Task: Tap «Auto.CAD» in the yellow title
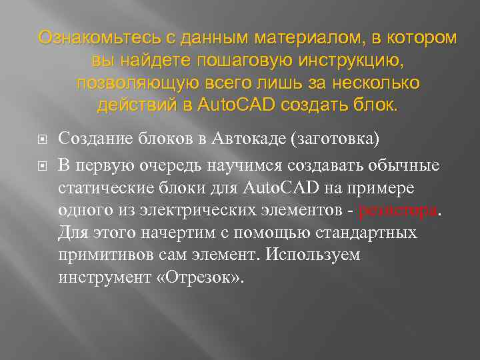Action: pos(238,106)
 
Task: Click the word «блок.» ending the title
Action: pos(375,106)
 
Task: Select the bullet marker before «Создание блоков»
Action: pos(41,139)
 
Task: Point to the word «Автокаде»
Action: pos(251,139)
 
